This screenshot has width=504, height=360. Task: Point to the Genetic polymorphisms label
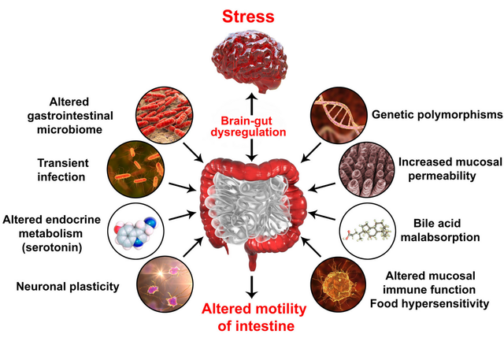[435, 116]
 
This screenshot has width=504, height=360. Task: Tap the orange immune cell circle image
[339, 285]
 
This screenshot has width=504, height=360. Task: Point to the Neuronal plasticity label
[68, 286]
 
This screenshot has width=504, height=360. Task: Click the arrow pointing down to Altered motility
[252, 286]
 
